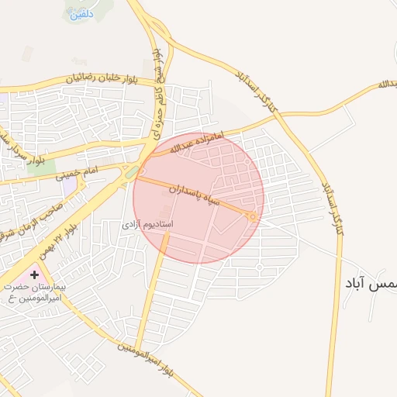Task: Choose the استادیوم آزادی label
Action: pos(147,224)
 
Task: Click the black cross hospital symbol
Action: pos(34,274)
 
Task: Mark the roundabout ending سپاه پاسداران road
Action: pos(253,217)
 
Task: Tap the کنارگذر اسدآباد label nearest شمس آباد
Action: pos(330,203)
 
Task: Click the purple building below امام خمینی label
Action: pos(71,186)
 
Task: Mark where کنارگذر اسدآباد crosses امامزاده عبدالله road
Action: pos(281,114)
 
